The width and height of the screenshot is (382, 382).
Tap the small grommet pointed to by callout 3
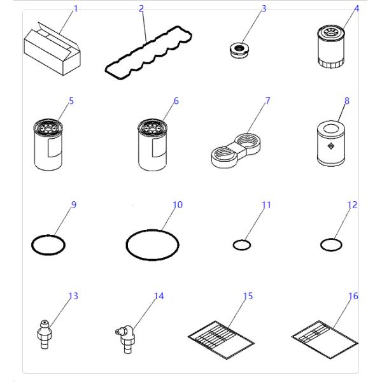click(x=238, y=49)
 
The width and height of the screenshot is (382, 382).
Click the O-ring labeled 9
click(x=48, y=243)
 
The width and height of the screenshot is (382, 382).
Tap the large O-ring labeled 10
click(x=153, y=244)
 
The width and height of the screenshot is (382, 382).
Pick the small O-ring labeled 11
click(x=241, y=244)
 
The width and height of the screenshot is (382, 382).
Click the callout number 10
click(x=178, y=205)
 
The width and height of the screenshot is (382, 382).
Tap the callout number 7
click(x=268, y=101)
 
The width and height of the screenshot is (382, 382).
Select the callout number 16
click(x=353, y=296)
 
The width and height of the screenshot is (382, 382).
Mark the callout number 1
click(x=75, y=9)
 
